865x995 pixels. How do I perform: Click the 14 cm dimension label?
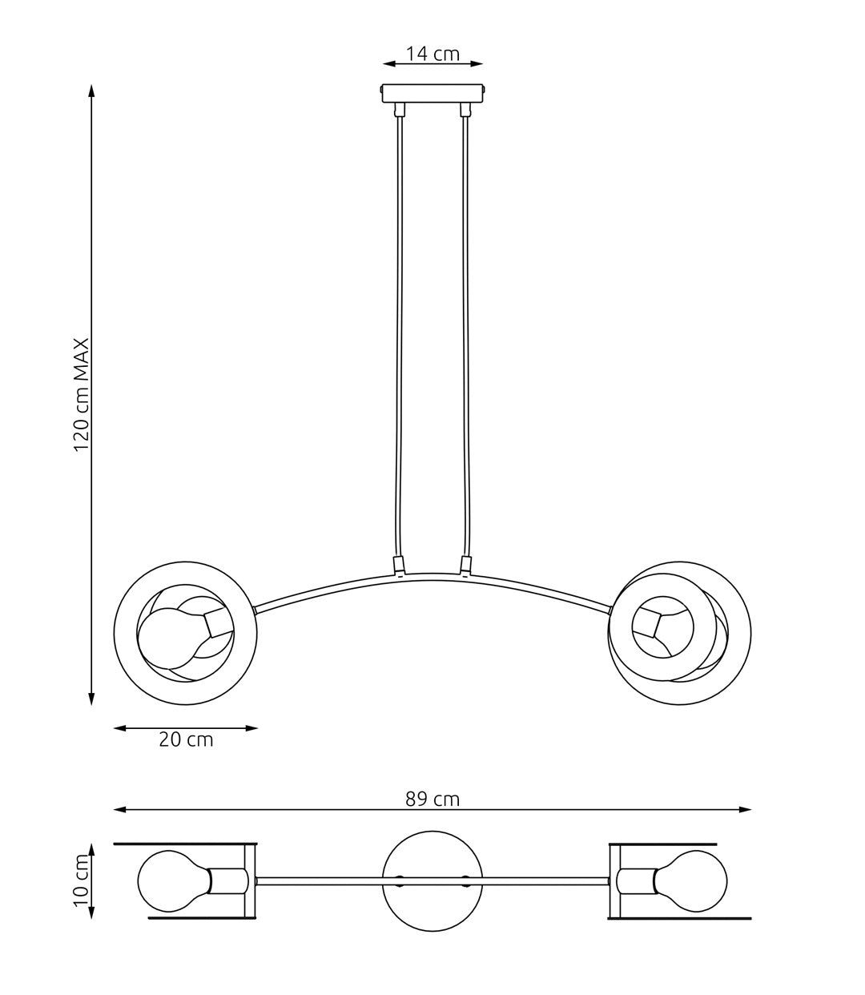(432, 54)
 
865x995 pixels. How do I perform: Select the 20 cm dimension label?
(186, 739)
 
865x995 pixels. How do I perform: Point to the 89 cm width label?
(432, 799)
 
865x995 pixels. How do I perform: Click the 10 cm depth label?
(82, 880)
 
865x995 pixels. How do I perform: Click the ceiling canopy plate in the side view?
(432, 95)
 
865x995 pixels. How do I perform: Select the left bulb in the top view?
(170, 880)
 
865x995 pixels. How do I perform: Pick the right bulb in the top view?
(695, 880)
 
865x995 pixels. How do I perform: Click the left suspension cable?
(399, 336)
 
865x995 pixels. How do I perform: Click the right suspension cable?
(465, 336)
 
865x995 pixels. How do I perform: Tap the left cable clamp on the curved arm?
(398, 566)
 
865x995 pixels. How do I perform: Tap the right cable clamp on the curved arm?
(465, 566)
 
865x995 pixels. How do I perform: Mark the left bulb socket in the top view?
(227, 880)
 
